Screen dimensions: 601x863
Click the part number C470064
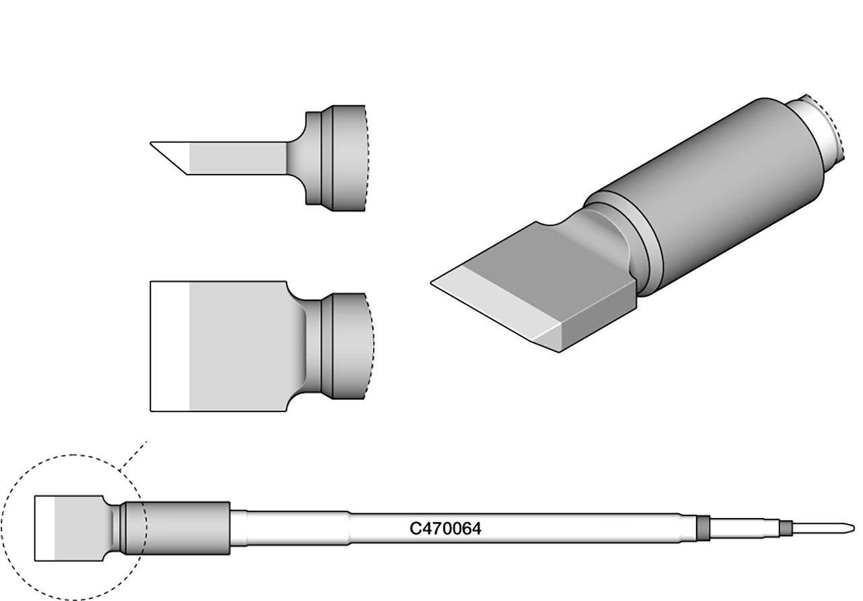[x=445, y=530]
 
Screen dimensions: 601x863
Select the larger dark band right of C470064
[x=703, y=528]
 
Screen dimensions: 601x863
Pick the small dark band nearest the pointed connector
[x=785, y=527]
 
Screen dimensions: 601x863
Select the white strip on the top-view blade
[x=169, y=345]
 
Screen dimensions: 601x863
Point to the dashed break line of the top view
[x=371, y=345]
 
